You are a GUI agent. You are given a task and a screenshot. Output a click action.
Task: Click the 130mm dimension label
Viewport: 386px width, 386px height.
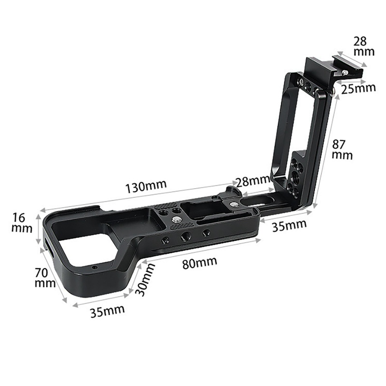coord(145,187)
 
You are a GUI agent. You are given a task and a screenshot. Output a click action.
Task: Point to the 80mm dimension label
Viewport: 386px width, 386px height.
coord(200,263)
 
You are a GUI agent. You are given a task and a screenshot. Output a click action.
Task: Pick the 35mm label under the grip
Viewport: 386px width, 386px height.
coord(107,310)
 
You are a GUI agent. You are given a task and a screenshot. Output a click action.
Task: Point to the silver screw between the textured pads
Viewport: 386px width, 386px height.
coord(177,220)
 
